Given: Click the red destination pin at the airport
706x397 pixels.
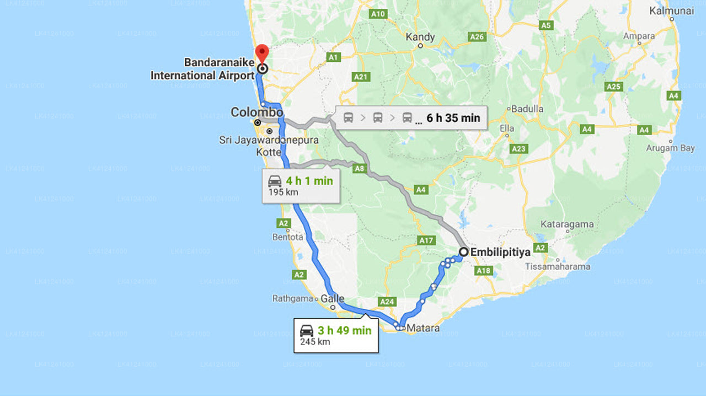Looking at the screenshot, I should click(x=263, y=53).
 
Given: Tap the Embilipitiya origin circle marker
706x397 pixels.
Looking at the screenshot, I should click(x=464, y=252).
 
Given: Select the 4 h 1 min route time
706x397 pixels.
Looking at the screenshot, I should click(x=309, y=181).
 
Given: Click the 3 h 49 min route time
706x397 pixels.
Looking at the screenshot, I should click(x=344, y=331).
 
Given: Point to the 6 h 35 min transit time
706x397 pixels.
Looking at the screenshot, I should click(x=453, y=117).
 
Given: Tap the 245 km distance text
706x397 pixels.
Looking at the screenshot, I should click(x=315, y=342).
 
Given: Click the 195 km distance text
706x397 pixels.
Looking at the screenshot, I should click(x=284, y=192).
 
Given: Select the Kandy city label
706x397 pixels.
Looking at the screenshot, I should click(x=420, y=37).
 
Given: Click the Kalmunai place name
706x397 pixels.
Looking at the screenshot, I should click(x=671, y=10).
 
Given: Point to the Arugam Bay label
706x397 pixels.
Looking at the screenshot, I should click(x=670, y=148).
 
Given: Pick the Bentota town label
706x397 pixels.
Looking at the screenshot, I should click(x=287, y=237).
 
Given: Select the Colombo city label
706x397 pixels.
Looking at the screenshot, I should click(x=256, y=112).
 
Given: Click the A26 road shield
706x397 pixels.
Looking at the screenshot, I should click(x=477, y=37).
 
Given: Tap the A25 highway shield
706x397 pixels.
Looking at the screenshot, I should click(x=613, y=87).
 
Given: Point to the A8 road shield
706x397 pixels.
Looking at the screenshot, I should click(x=360, y=169).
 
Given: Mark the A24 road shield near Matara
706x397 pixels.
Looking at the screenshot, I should click(x=387, y=302).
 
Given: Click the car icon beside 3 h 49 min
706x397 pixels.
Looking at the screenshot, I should click(x=307, y=331).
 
